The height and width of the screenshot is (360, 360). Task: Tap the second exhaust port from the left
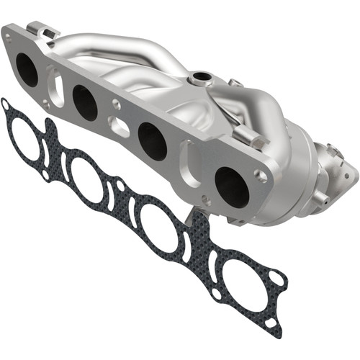(x=85, y=103)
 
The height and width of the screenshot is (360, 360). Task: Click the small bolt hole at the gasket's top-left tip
(x=6, y=105)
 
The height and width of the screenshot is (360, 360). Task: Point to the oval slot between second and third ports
(x=120, y=127)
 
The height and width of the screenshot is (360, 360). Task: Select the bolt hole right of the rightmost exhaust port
(x=261, y=175)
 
